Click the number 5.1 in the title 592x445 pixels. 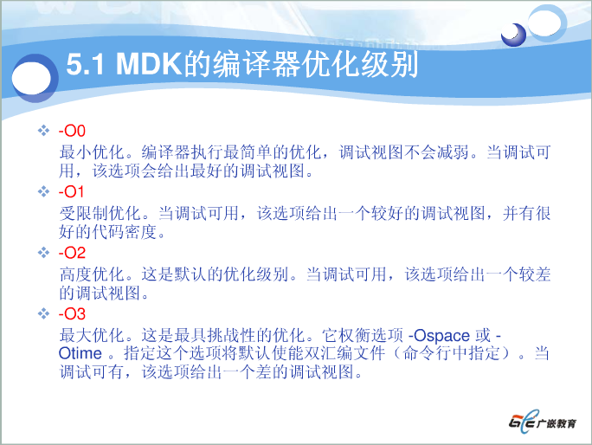point(87,65)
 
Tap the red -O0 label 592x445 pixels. point(73,132)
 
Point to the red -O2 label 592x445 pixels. point(73,253)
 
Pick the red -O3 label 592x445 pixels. point(73,313)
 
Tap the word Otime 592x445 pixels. point(80,353)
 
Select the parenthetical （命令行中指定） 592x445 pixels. point(456,353)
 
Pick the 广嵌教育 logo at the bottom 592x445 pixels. point(542,423)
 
